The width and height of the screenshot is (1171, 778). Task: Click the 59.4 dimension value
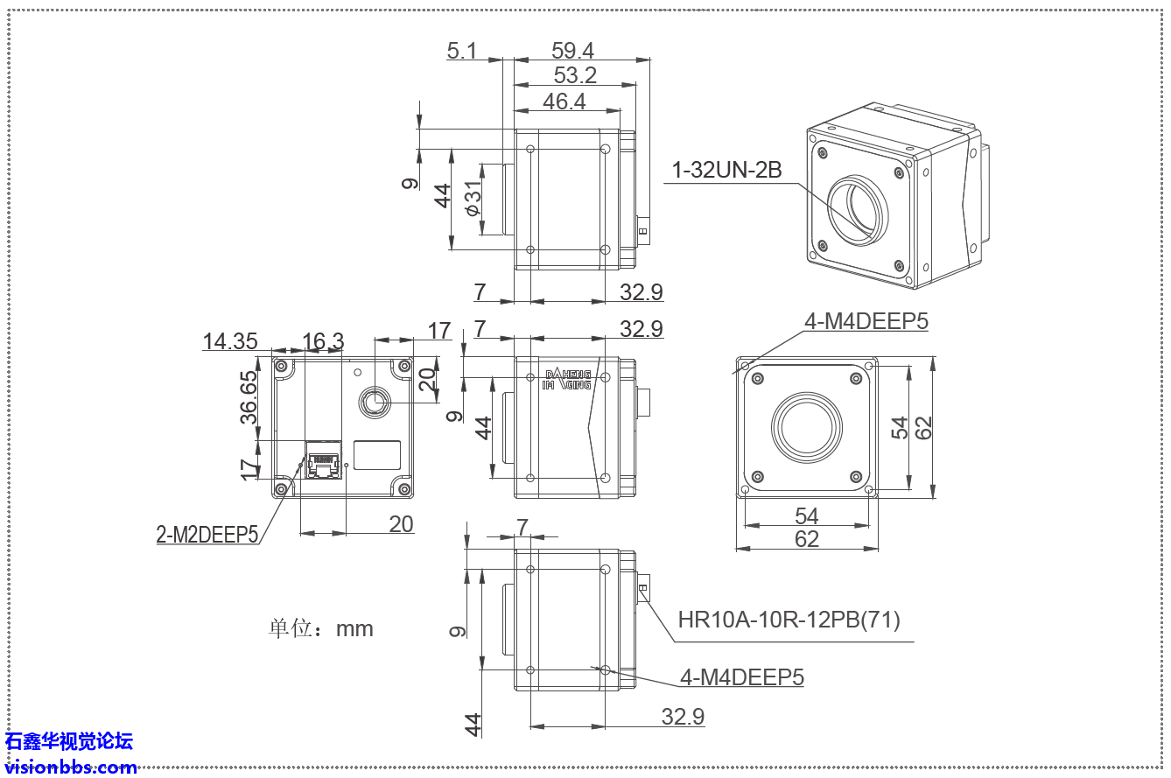coord(573,51)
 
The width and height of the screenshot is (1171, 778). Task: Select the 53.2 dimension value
coord(574,75)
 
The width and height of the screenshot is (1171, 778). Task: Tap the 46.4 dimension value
coord(564,102)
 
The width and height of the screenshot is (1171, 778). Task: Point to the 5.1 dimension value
coord(461,51)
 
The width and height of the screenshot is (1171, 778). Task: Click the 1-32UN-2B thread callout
coord(726,170)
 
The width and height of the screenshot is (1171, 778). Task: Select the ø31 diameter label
coord(473,200)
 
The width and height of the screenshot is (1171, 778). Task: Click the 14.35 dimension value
coord(230,341)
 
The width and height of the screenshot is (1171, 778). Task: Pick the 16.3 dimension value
coord(323,341)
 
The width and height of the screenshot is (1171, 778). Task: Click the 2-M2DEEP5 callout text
coord(207,535)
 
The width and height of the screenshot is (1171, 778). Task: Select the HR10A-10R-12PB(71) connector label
coord(789,620)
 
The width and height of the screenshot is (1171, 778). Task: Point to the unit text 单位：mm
coord(320,628)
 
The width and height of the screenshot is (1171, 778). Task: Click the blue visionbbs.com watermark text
coord(71,767)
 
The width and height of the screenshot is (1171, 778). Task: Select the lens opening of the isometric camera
coord(858,211)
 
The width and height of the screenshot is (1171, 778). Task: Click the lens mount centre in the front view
coord(806,427)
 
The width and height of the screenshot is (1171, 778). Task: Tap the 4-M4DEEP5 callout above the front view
coord(866,321)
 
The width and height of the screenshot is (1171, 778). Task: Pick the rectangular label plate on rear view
coord(376,456)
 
